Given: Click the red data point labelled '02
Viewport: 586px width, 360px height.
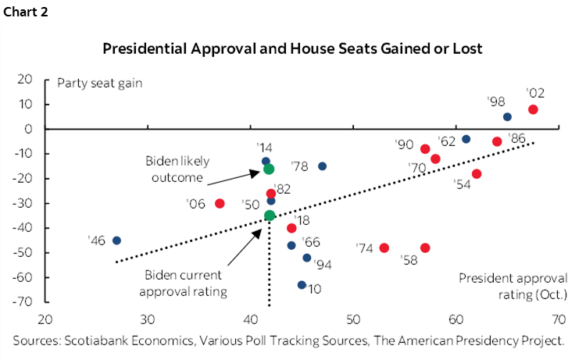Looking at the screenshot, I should click(x=533, y=110).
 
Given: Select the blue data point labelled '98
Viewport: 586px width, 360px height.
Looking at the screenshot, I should click(x=507, y=117).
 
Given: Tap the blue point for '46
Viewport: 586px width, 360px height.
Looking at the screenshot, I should click(x=116, y=241).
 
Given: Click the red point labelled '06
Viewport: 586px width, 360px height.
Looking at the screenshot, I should click(x=220, y=203).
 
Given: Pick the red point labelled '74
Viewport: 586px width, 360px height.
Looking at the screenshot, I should click(x=384, y=248).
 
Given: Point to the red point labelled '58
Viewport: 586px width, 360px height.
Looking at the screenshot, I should click(x=425, y=248).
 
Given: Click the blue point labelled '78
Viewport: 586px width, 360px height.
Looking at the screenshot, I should click(x=322, y=166).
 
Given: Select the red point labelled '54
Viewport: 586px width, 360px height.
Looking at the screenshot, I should click(x=477, y=174).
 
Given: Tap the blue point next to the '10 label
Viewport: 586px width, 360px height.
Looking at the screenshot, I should click(x=302, y=285).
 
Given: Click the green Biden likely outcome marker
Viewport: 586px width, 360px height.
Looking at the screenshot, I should click(x=269, y=169).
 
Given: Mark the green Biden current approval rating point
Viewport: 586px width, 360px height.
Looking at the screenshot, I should click(x=270, y=216).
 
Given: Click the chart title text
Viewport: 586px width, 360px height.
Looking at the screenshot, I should click(x=292, y=49).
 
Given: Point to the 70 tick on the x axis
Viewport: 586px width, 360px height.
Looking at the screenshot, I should click(x=558, y=319).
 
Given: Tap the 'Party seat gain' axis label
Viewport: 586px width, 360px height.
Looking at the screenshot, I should click(x=96, y=82).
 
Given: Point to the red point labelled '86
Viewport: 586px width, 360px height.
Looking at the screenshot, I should click(x=497, y=141).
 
